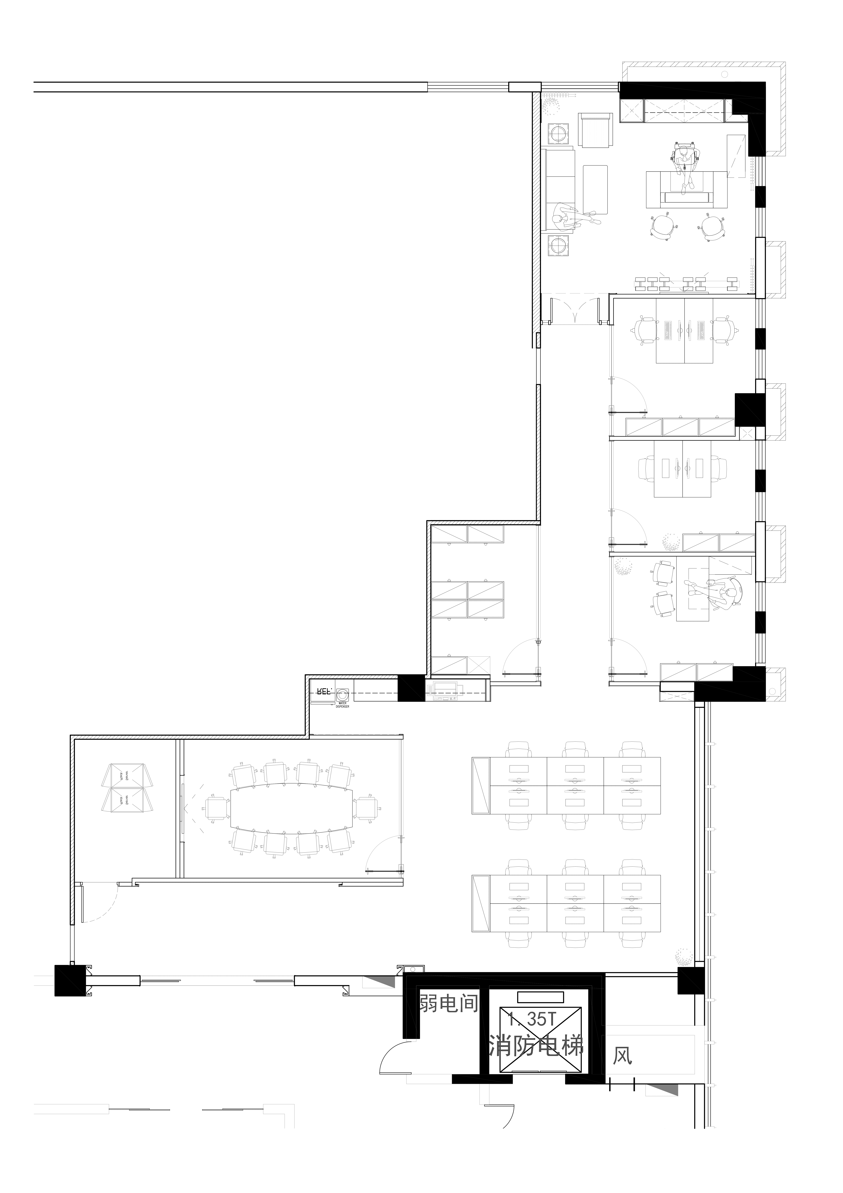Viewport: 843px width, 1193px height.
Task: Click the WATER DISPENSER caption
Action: click(x=342, y=706)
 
